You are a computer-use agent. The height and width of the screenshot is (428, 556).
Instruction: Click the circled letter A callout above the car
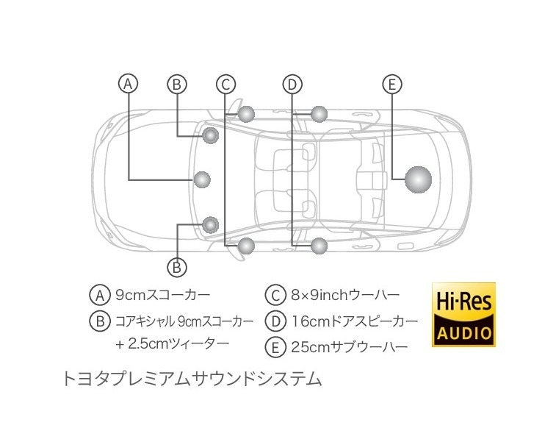coord(128,84)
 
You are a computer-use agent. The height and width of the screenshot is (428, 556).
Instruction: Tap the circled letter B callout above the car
coord(177,85)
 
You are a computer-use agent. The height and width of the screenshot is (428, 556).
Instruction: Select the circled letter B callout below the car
coord(177,267)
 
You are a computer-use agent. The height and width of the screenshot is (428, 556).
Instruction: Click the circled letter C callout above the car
coord(226,85)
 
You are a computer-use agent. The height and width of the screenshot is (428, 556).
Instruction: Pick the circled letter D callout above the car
coord(292,85)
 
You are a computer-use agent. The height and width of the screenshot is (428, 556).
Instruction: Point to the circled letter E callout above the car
coord(391,85)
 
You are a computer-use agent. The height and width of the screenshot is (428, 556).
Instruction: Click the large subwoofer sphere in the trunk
coord(418,179)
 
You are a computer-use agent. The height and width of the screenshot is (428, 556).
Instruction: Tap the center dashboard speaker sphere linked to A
coord(203,179)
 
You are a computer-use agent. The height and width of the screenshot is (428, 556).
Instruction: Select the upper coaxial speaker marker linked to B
coord(211,135)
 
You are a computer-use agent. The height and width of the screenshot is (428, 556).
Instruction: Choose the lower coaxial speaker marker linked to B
coord(211,224)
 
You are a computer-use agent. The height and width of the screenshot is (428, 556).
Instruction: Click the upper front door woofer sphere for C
coord(246,114)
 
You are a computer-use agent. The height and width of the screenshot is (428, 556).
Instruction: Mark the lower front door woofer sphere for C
coord(246,246)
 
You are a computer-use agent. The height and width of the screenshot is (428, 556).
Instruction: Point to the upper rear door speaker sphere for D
coord(319,114)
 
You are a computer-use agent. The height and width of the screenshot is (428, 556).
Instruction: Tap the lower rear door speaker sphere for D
coord(319,246)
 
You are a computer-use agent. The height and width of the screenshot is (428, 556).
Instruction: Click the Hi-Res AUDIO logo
coord(463,315)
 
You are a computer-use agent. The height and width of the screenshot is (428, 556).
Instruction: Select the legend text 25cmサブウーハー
coord(350,347)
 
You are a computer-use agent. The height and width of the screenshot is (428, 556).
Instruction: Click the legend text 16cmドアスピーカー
coord(355,321)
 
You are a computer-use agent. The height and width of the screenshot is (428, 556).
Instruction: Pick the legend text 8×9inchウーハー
coord(345,295)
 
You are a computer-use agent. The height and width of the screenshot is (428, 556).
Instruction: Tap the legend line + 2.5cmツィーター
coord(173,344)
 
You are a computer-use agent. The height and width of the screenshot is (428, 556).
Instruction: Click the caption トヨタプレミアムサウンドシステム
coord(192,379)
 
